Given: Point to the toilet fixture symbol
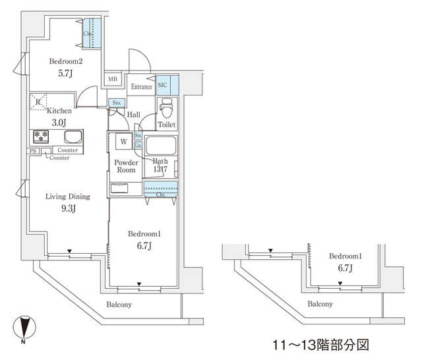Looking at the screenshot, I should point(166,108).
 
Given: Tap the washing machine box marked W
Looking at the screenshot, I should point(123,140).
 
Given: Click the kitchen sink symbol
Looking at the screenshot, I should point(73,137).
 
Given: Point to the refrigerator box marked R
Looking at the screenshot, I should point(38,102).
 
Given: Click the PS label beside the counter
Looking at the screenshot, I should point(32,151).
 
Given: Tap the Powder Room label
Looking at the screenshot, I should point(126,166).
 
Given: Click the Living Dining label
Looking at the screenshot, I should point(67,196).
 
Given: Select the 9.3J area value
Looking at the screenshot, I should point(67,210).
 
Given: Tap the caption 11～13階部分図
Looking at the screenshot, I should point(320,344).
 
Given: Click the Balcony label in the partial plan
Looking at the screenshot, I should point(320,304).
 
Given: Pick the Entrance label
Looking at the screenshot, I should point(141,87).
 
